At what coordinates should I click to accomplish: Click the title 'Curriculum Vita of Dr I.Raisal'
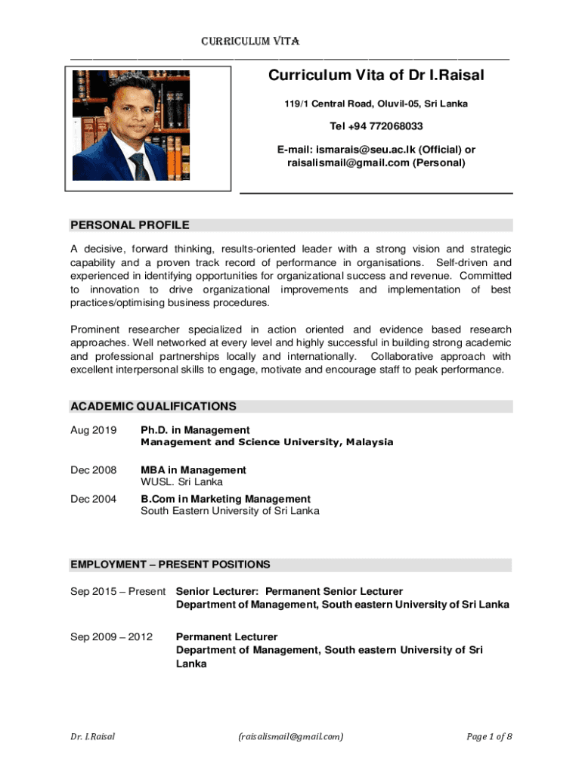[x=376, y=75]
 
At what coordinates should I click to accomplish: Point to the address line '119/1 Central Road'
[x=376, y=104]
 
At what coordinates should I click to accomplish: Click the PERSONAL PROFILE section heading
[x=130, y=224]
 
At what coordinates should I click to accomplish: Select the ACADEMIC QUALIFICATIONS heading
[x=153, y=406]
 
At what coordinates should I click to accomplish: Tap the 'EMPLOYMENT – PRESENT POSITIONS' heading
[x=170, y=565]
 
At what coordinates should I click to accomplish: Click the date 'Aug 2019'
[x=94, y=430]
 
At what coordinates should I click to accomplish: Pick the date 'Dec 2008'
[x=94, y=470]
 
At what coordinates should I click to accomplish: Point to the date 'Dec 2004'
[x=94, y=499]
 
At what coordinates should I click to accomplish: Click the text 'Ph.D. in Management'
[x=195, y=430]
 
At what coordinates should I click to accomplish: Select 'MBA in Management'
[x=193, y=470]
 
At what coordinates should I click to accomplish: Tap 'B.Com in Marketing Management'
[x=226, y=499]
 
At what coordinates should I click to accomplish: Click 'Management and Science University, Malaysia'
[x=267, y=442]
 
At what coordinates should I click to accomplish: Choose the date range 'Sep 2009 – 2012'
[x=111, y=637]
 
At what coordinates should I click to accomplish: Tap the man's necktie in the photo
[x=138, y=165]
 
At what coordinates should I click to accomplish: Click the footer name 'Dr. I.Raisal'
[x=93, y=735]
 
